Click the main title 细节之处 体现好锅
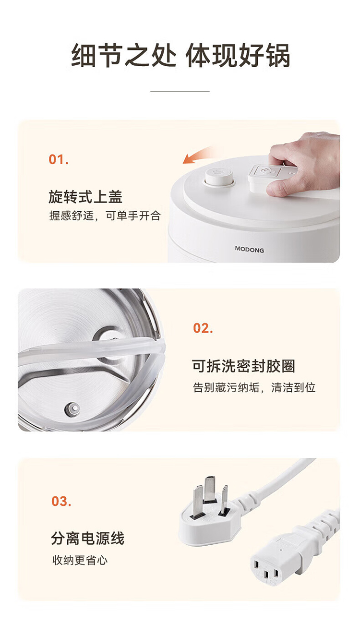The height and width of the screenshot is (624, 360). (180, 55)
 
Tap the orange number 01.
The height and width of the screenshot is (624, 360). (59, 159)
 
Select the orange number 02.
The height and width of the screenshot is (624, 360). (203, 328)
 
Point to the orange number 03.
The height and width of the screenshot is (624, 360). (61, 501)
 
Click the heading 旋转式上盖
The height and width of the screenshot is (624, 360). (85, 197)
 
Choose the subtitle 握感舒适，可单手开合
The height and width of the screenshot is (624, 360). (105, 216)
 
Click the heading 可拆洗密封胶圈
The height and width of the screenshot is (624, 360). (243, 366)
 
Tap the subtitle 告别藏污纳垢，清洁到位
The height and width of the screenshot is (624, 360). (254, 387)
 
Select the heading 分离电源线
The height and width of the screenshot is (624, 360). (88, 538)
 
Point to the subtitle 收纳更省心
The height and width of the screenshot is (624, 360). (80, 560)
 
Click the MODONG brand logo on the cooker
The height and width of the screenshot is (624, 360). (250, 250)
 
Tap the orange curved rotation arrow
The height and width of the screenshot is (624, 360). (198, 156)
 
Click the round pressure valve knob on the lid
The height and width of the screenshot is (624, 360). (219, 177)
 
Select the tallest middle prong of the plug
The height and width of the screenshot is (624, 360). (210, 489)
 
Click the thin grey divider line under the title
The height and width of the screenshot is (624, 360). (180, 91)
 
